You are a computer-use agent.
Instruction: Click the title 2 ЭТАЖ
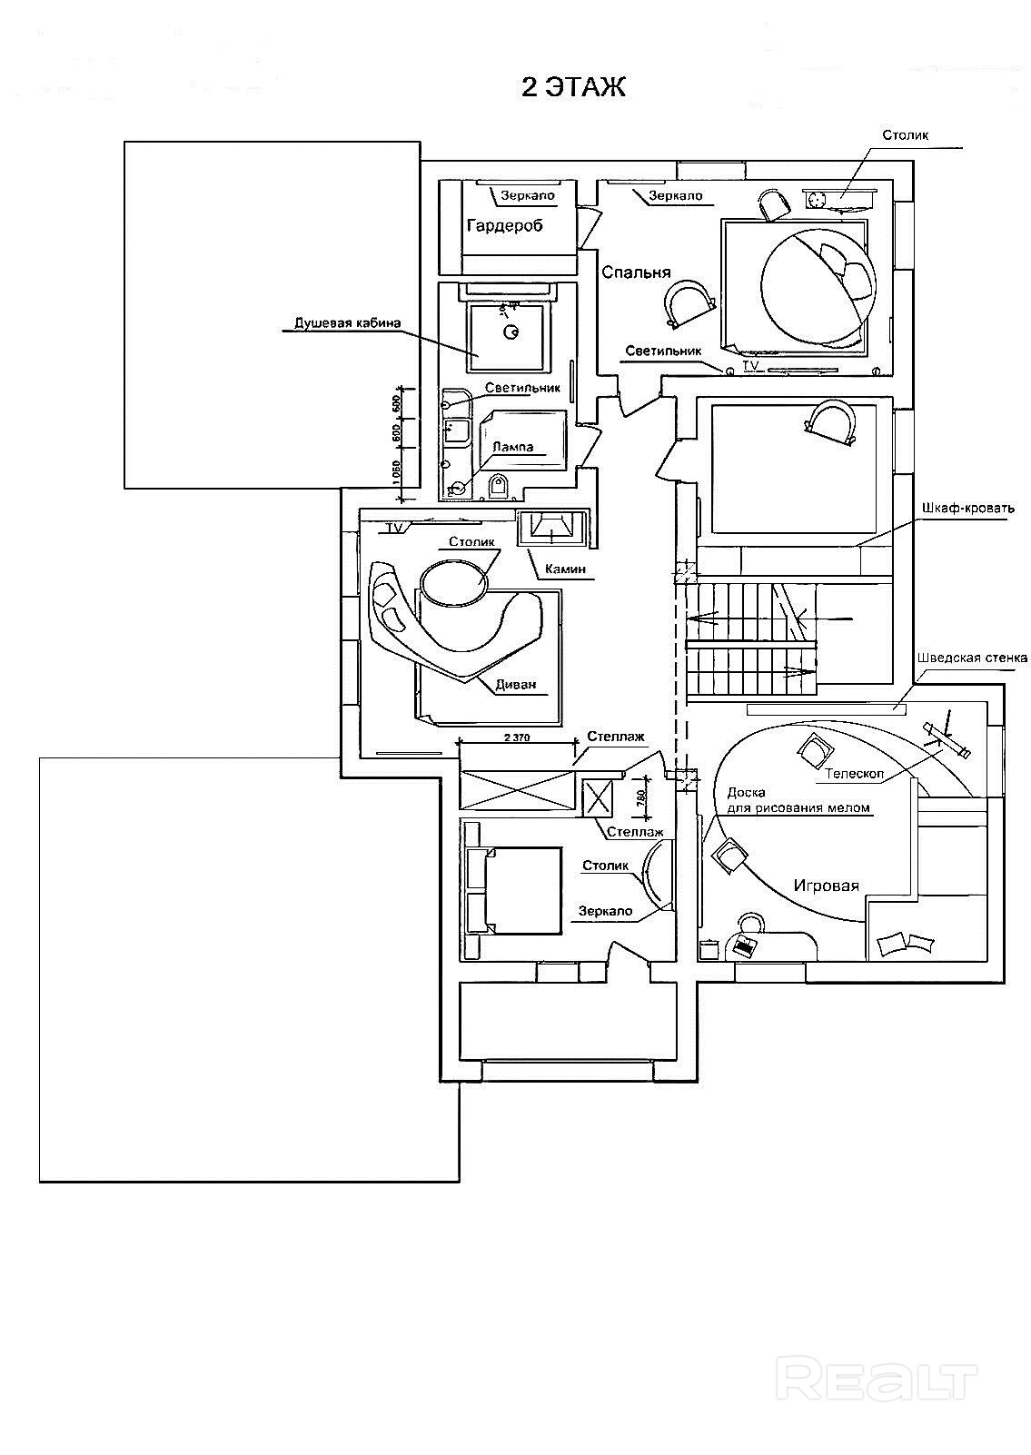[572, 87]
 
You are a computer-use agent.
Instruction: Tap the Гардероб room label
[504, 225]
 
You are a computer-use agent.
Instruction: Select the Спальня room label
[636, 272]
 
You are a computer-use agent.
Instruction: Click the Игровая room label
[826, 886]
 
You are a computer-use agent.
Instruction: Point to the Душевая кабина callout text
[347, 322]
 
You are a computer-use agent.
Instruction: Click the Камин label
[565, 569]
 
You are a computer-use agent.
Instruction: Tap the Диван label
[517, 685]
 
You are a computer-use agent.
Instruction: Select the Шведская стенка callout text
[972, 658]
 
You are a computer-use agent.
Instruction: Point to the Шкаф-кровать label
[967, 508]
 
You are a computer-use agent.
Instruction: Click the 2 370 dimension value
[516, 738]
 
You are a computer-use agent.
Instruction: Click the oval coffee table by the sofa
[452, 580]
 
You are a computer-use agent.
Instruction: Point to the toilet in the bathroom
[498, 488]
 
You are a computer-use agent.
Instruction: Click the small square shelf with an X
[597, 799]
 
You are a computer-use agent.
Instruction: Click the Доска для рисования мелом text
[798, 799]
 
